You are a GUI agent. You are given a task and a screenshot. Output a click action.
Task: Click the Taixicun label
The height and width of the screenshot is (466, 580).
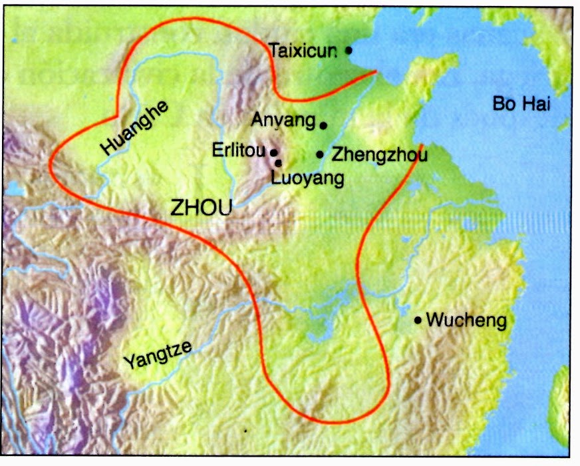[x=303, y=49]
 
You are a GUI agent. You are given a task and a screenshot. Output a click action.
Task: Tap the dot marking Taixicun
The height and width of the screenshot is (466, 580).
[x=349, y=49]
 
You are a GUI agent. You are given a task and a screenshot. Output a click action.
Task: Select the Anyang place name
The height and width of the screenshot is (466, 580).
[x=283, y=120]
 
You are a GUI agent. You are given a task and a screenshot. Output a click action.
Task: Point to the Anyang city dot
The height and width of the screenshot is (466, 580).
[x=323, y=124]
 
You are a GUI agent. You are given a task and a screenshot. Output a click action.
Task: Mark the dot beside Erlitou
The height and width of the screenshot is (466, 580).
[x=273, y=152]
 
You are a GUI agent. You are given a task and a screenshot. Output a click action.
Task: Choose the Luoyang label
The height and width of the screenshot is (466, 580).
[x=308, y=178]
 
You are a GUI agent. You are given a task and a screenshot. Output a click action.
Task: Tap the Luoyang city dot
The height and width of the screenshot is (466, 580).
[x=278, y=162]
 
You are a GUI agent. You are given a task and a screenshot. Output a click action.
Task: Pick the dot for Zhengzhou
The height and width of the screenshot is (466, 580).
[x=320, y=154]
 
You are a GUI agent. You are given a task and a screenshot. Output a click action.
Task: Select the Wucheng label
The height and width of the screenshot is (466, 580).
[x=466, y=320]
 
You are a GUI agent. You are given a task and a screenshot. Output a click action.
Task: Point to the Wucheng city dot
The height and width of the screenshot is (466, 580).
[x=418, y=320]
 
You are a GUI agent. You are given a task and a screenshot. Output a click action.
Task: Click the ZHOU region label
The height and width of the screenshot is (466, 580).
[x=201, y=208]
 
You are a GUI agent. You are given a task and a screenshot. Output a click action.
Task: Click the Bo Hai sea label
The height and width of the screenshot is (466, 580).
[x=521, y=104]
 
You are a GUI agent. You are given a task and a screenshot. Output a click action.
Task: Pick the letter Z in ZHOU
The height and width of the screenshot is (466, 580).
[x=176, y=208]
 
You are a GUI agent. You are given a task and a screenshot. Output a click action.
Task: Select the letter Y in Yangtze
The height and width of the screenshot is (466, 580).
[x=128, y=362]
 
